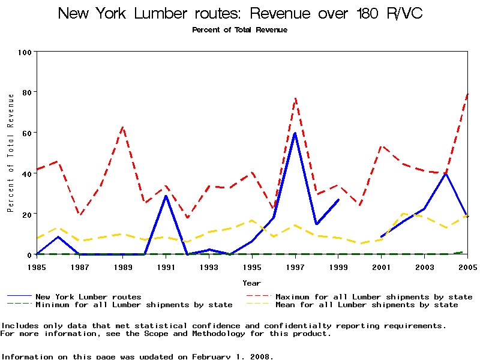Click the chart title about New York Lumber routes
point(240,14)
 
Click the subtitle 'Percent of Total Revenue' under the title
point(240,29)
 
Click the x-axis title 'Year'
point(251,283)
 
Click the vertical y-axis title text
point(11,153)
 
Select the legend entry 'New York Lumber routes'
point(88,296)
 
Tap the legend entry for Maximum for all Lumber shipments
point(374,296)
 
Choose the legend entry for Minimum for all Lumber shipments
point(134,305)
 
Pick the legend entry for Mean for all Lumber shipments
point(366,305)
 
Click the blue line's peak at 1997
point(295,133)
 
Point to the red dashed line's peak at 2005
point(467,94)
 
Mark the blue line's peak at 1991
point(166,196)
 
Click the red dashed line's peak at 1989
point(123,127)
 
